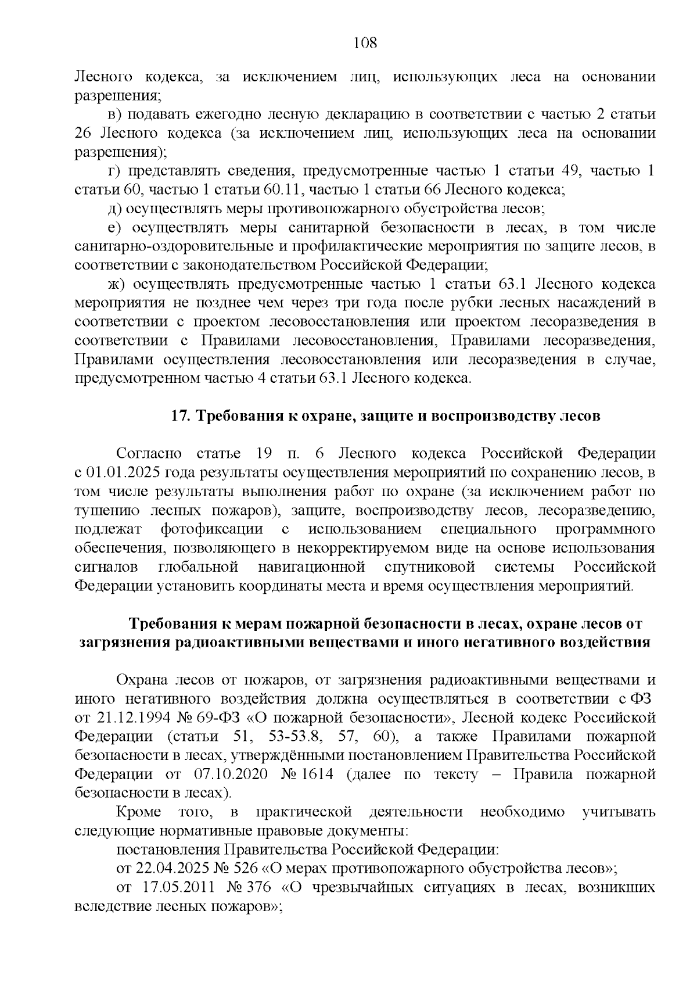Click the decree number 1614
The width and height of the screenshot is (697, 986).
(x=315, y=775)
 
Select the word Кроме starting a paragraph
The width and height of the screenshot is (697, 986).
(x=137, y=812)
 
